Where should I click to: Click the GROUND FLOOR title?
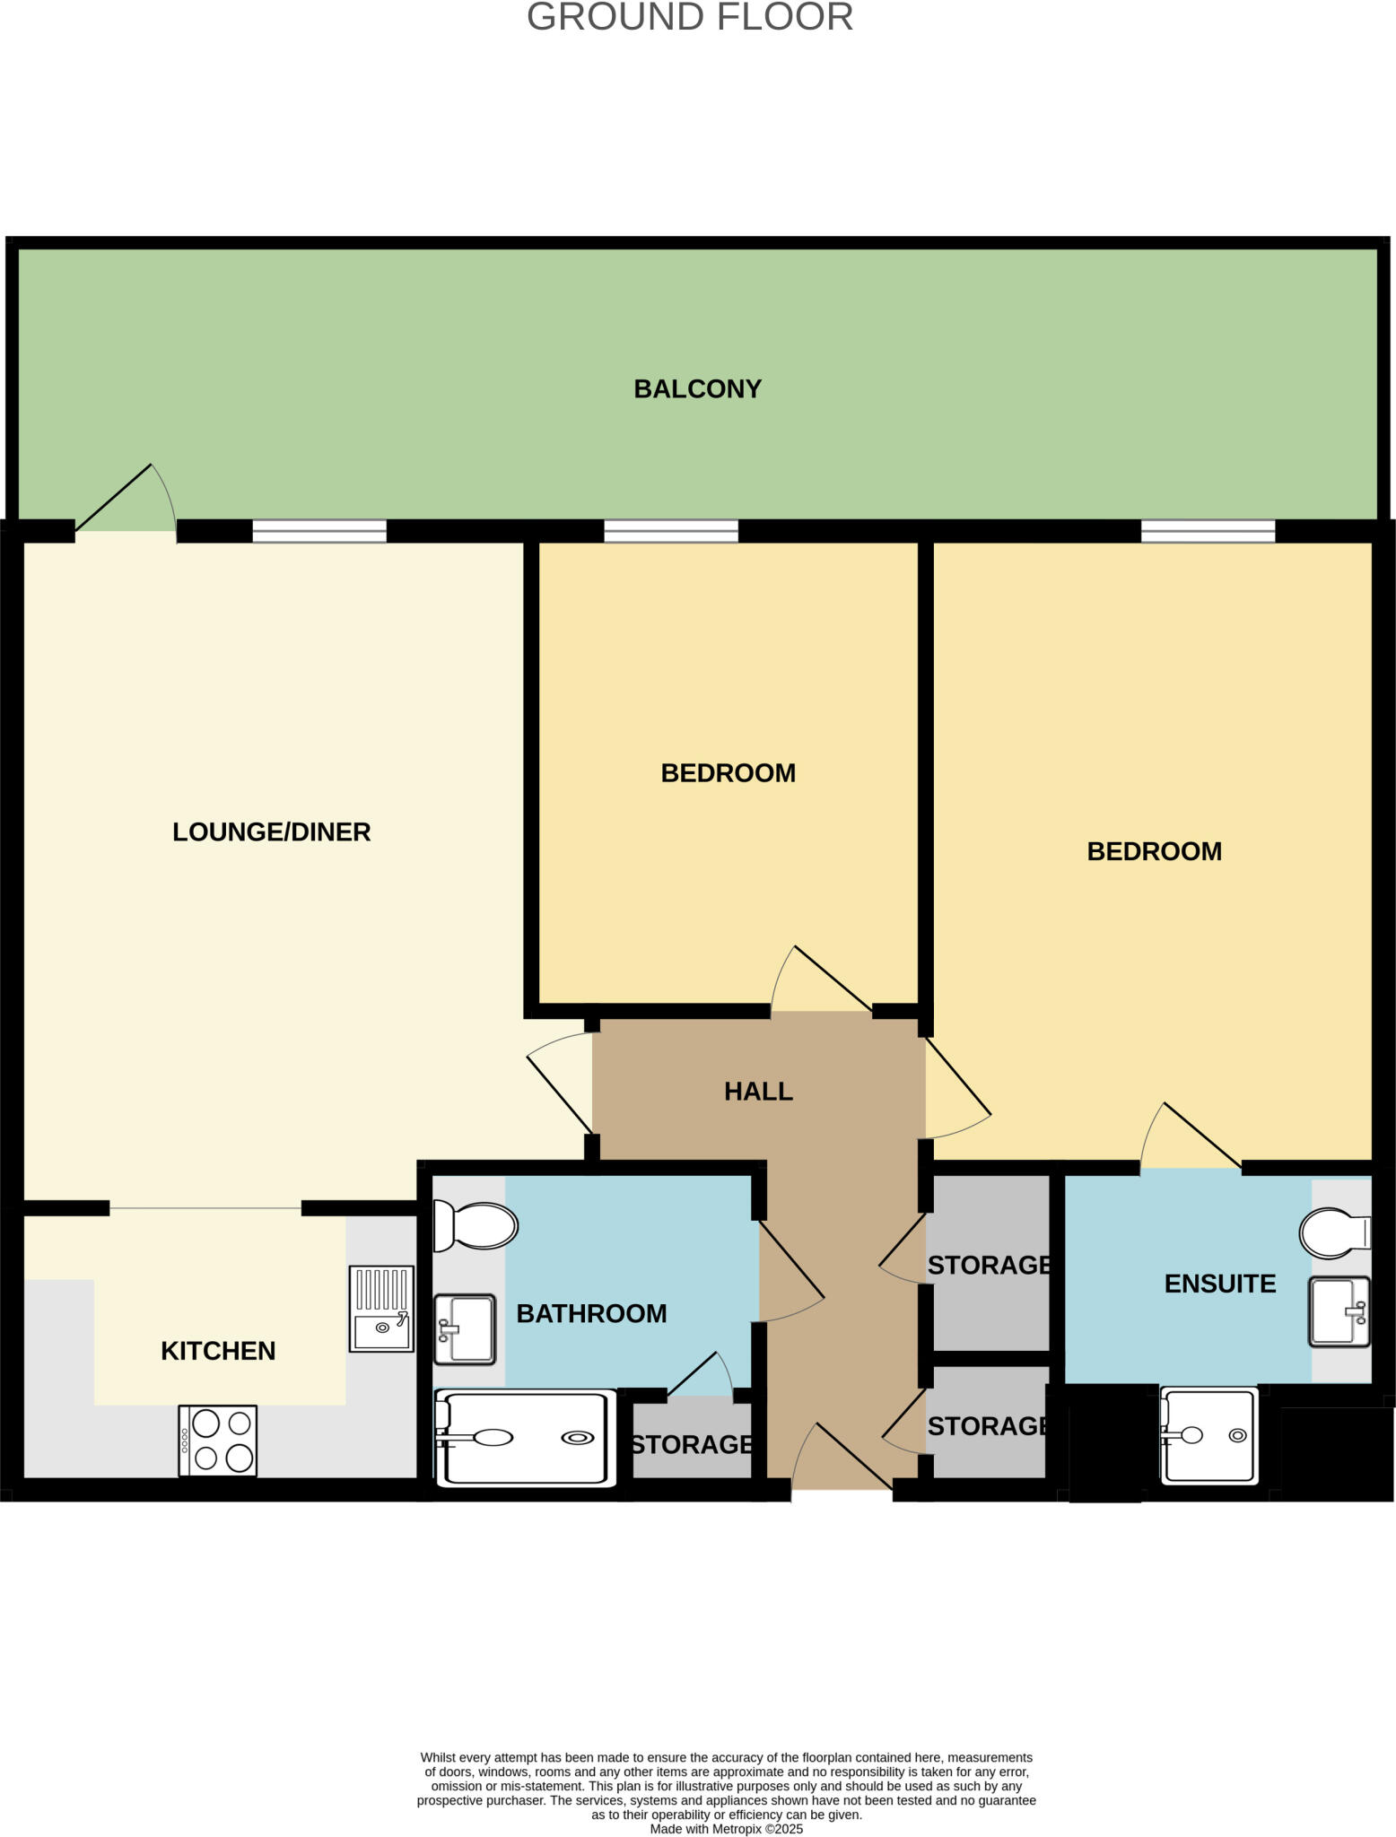coord(689,18)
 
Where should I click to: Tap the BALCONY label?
coord(697,388)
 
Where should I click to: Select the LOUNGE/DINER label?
coord(271,831)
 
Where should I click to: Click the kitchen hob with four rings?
coord(218,1440)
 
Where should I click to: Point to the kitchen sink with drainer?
coord(381,1309)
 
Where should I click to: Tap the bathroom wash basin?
coord(465,1328)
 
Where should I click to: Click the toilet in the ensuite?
coord(1335,1233)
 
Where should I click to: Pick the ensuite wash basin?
coord(1339,1311)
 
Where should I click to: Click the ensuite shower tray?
coord(1209,1435)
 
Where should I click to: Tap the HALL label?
coord(758,1092)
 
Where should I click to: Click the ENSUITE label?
coord(1219,1284)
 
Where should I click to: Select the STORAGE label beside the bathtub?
coord(692,1444)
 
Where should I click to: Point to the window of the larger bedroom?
coord(1208,531)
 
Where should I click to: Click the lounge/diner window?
coord(319,531)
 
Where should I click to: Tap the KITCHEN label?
coord(218,1351)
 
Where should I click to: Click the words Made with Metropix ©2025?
coord(726,1829)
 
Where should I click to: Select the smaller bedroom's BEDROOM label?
coord(728,773)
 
